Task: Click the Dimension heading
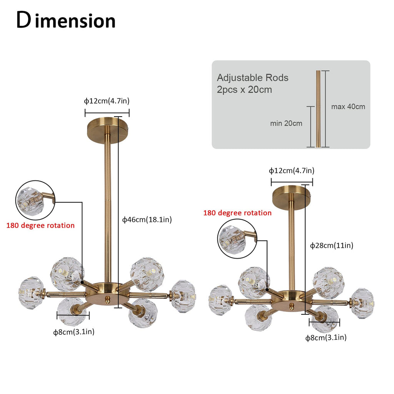(66, 21)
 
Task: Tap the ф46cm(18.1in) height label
(147, 220)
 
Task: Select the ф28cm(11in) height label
(332, 245)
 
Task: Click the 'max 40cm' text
(348, 107)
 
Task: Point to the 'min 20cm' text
(286, 124)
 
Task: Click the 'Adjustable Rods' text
(252, 78)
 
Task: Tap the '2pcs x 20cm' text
(244, 90)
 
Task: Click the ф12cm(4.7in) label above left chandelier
(107, 101)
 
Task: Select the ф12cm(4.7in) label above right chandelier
(291, 170)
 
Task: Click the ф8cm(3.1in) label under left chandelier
(73, 332)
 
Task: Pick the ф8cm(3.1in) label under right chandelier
(326, 337)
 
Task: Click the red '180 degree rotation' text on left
(40, 225)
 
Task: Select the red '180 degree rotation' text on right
(237, 213)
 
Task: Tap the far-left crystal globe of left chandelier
(31, 292)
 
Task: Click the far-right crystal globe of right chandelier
(362, 303)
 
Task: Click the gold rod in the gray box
(318, 109)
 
